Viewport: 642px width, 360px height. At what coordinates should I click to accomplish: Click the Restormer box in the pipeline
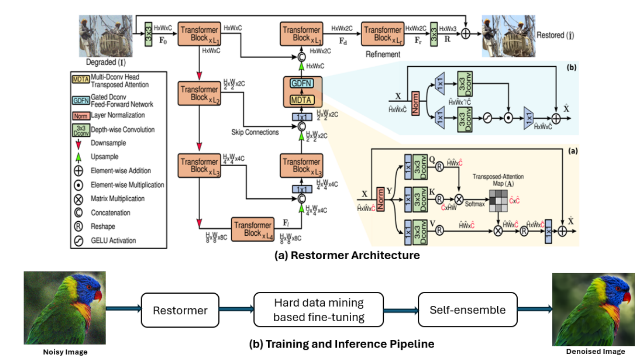click(x=180, y=310)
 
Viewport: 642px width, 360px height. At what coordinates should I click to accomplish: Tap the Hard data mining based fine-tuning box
click(x=319, y=310)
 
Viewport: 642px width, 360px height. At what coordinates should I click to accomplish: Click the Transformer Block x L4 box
click(x=252, y=229)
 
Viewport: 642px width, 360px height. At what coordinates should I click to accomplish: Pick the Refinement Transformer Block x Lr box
click(x=382, y=34)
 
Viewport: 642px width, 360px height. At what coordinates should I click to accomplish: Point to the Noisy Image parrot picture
click(x=64, y=308)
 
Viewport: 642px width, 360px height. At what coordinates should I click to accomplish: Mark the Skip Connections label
click(x=255, y=132)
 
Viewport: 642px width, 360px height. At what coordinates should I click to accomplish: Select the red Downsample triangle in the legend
click(x=79, y=143)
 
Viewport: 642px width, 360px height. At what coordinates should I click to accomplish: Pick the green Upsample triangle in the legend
click(x=79, y=157)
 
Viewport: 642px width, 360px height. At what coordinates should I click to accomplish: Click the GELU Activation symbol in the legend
click(x=79, y=240)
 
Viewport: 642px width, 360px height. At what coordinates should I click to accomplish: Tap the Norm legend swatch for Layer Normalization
click(x=79, y=116)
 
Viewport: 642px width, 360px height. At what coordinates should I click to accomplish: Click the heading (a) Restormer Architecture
click(x=347, y=255)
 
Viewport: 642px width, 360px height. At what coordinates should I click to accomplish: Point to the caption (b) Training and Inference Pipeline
click(x=342, y=344)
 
